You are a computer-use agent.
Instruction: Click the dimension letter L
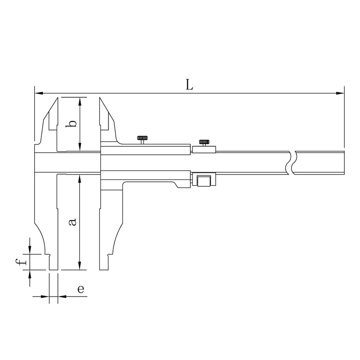pyautogui.click(x=189, y=85)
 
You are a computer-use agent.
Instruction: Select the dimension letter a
pyautogui.click(x=72, y=222)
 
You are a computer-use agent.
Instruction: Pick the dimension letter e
pyautogui.click(x=81, y=289)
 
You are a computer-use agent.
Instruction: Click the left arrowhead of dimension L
pyautogui.click(x=39, y=93)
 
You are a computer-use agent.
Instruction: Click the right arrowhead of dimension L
pyautogui.click(x=340, y=93)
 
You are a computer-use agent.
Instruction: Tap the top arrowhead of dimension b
pyautogui.click(x=80, y=102)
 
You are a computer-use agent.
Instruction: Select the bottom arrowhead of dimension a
pyautogui.click(x=80, y=265)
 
